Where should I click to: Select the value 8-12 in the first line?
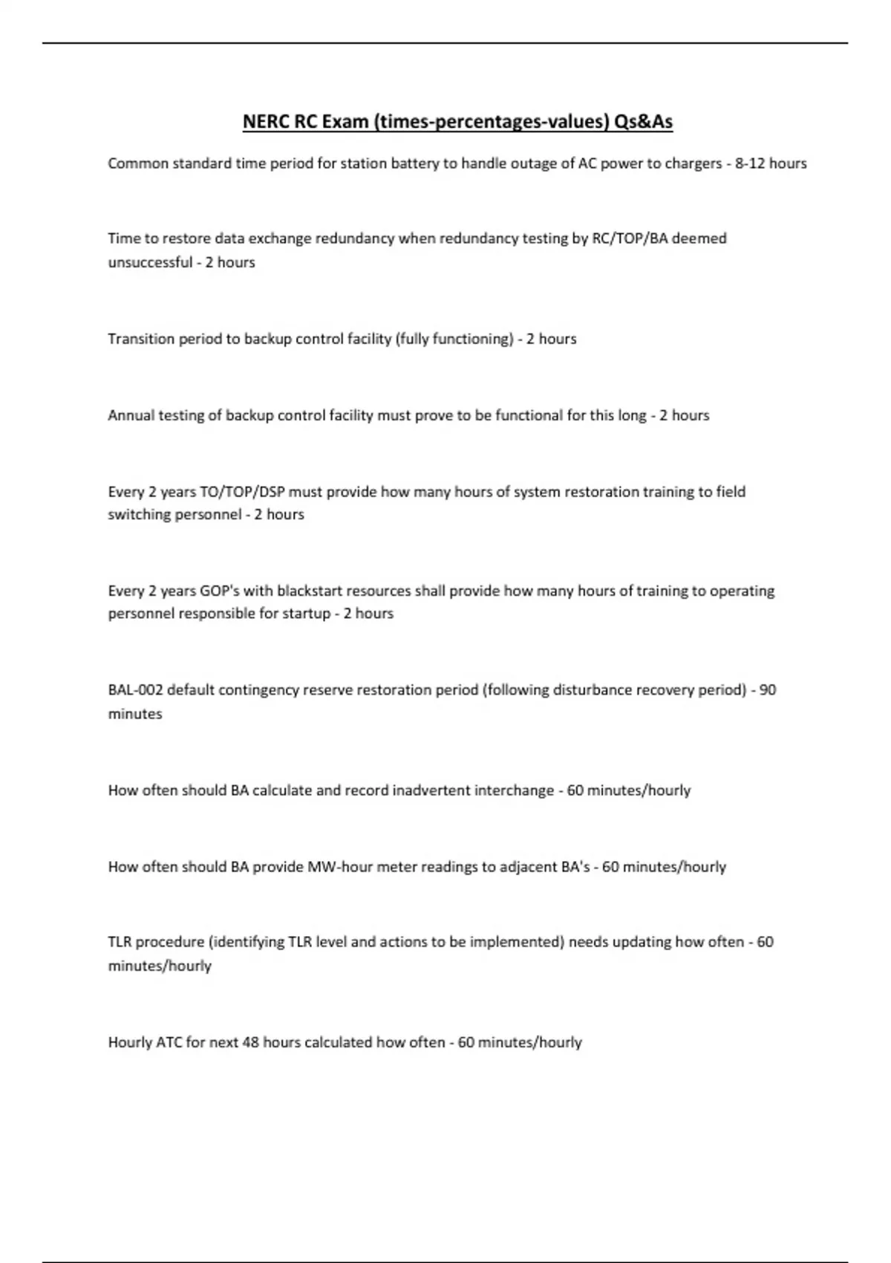[750, 163]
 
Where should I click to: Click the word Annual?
[127, 415]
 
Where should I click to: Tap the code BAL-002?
[135, 690]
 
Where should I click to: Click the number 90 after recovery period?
[768, 690]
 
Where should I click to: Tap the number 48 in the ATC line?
[250, 1042]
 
